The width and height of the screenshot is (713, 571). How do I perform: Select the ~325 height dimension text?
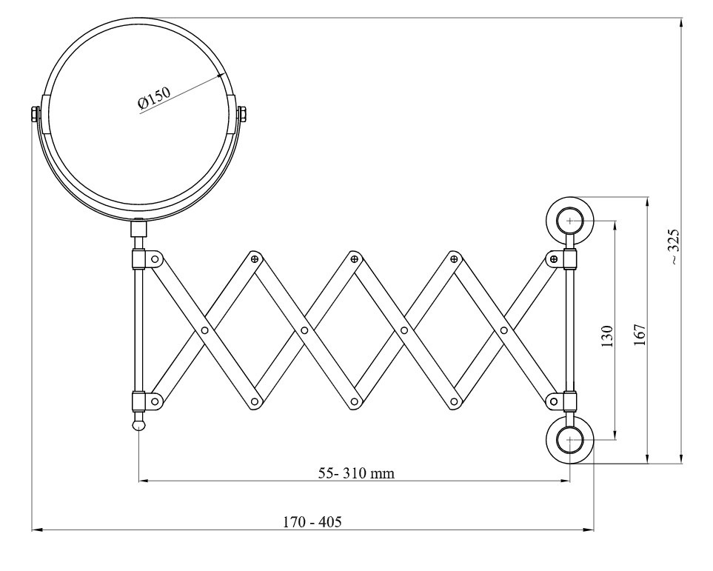pyautogui.click(x=674, y=247)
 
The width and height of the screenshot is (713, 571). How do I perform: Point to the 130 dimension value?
pyautogui.click(x=606, y=337)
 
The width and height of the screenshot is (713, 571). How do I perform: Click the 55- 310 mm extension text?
pyautogui.click(x=356, y=473)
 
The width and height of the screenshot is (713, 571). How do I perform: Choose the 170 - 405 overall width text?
pyautogui.click(x=312, y=521)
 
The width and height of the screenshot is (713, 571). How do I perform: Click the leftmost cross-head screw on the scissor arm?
pyautogui.click(x=255, y=258)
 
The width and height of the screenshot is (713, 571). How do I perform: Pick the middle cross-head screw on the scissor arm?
pyautogui.click(x=355, y=258)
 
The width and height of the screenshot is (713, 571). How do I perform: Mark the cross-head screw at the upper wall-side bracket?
pyautogui.click(x=553, y=258)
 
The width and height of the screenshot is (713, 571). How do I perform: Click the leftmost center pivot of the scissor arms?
pyautogui.click(x=204, y=330)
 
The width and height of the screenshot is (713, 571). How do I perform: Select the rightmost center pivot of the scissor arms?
pyautogui.click(x=503, y=330)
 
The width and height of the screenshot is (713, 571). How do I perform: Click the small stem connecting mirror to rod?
pyautogui.click(x=138, y=229)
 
